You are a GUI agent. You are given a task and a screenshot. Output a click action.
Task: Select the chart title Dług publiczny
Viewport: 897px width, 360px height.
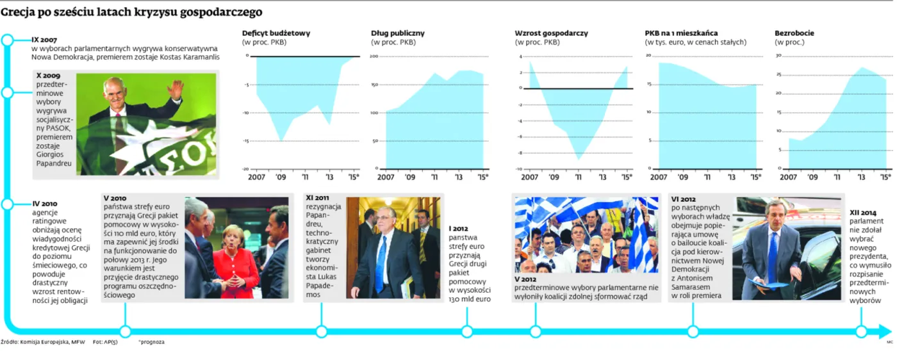397,33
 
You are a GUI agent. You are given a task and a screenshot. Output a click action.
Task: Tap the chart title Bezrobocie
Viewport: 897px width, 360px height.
794,33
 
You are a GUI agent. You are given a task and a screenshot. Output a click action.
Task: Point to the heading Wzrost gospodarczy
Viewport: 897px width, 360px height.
551,33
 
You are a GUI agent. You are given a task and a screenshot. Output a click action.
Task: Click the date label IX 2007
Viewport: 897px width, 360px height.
44,40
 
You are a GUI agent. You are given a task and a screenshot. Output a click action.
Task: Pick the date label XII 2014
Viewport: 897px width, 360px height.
863,212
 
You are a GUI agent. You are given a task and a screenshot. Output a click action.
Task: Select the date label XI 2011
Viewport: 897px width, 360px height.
318,199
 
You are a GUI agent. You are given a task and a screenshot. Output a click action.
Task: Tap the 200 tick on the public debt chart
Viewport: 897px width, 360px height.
374,56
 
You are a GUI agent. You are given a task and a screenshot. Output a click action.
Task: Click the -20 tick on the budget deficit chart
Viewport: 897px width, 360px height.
244,169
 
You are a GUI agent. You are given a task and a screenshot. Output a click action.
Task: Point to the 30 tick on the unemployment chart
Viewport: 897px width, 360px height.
778,56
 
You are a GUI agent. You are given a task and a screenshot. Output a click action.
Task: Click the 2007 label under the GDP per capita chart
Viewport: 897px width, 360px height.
659,177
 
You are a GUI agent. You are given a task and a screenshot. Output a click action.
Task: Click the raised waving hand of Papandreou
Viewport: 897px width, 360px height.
174,88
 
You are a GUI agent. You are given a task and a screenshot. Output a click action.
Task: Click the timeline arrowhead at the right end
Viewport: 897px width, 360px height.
885,331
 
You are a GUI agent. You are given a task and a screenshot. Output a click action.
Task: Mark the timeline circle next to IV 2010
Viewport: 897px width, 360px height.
7,204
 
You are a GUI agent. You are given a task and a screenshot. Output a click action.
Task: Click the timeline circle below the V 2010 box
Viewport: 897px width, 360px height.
125,331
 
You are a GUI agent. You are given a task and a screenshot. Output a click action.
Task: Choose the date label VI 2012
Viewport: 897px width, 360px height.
683,199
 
